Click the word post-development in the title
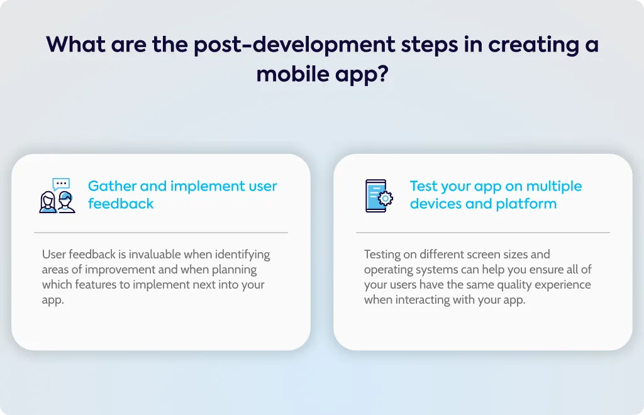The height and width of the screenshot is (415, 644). (294, 45)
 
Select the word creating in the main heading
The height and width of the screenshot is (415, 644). (533, 45)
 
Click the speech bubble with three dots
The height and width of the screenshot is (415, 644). (61, 184)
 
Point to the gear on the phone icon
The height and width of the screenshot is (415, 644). (386, 199)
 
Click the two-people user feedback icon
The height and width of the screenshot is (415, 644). (57, 196)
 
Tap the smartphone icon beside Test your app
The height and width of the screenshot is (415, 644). (379, 196)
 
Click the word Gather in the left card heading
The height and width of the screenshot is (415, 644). (112, 186)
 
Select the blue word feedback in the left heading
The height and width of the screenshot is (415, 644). (121, 204)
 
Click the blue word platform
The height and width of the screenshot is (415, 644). (526, 204)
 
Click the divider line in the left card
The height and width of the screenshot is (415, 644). (161, 233)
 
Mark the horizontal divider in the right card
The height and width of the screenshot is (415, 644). (483, 233)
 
